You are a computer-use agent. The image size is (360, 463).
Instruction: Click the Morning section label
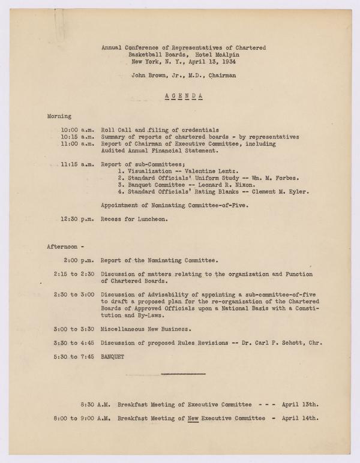59,115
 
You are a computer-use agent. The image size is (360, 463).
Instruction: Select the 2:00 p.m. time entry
77,260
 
